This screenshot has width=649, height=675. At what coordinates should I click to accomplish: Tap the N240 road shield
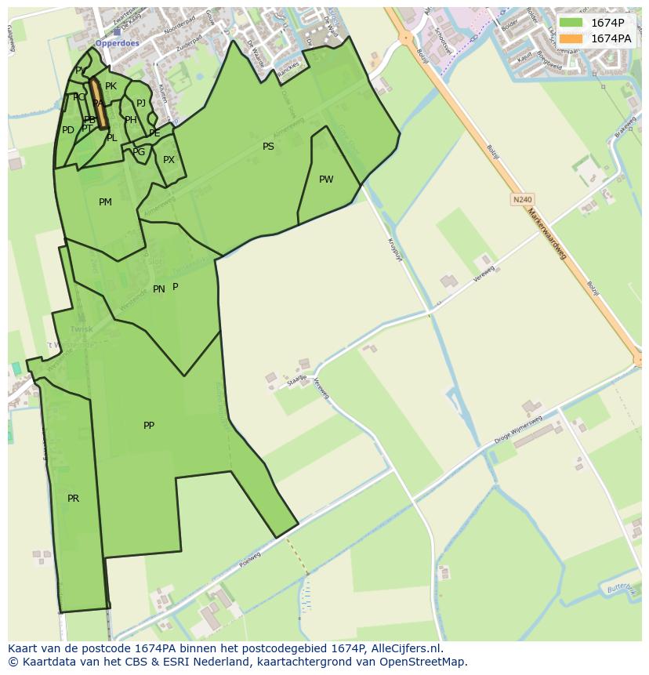tap(522, 200)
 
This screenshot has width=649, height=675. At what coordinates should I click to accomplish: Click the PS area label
tap(268, 147)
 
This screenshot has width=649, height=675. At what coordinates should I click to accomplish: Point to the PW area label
tap(326, 180)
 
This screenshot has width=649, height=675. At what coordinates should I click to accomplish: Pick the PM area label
tap(105, 202)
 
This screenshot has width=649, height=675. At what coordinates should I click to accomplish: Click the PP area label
tap(149, 426)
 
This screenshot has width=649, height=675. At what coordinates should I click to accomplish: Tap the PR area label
tap(73, 499)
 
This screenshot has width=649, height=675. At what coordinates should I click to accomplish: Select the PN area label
tap(158, 289)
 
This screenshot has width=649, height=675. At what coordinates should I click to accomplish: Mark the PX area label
tap(169, 160)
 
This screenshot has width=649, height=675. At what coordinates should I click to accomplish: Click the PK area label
tap(111, 86)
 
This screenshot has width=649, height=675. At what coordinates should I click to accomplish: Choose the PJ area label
tap(141, 103)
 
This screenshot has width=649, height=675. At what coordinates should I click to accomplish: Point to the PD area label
tap(68, 130)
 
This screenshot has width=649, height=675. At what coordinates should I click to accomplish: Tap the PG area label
tap(139, 152)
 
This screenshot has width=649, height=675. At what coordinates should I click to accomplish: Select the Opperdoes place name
tap(117, 44)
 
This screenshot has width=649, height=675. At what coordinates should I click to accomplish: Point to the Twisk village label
tap(81, 329)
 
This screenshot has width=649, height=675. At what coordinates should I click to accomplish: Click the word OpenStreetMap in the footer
tap(424, 662)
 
